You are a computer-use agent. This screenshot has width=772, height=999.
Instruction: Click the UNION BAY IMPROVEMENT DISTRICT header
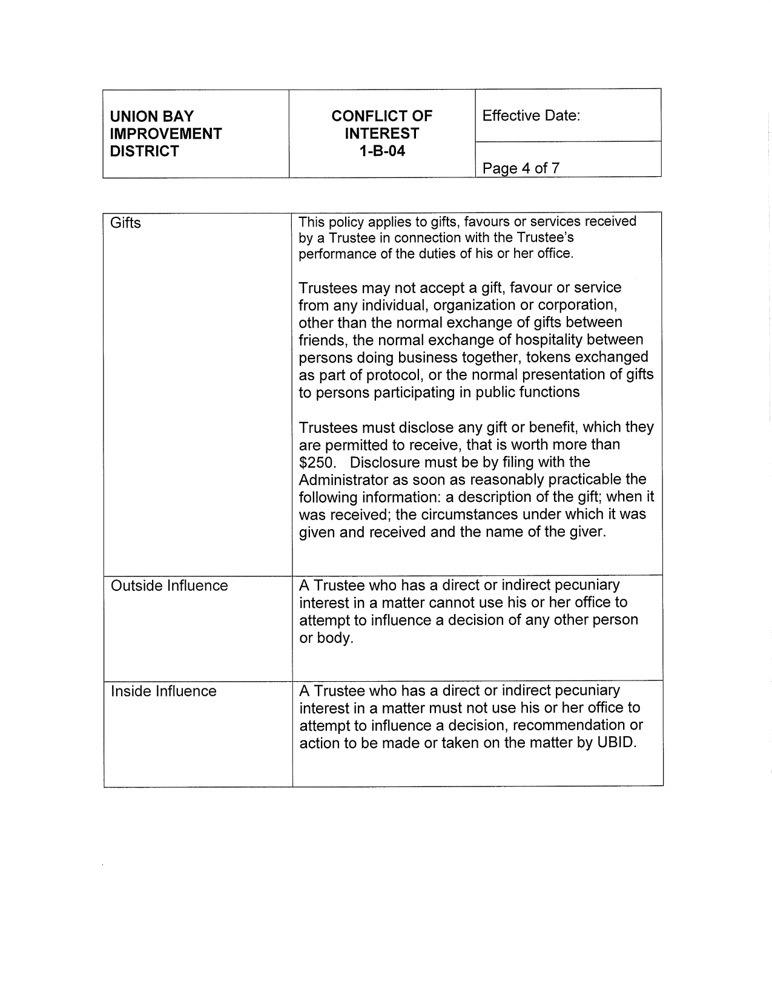click(x=165, y=133)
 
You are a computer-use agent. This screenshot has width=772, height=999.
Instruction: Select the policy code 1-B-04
click(x=381, y=151)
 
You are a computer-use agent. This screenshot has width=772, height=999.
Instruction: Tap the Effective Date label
click(x=531, y=116)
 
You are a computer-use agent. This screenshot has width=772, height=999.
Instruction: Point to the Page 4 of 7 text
click(x=521, y=168)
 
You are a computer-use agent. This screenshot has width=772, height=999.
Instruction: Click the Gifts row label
click(x=125, y=223)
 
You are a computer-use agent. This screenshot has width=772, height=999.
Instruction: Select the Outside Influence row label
click(x=169, y=585)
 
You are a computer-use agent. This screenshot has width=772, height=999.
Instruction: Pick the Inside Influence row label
click(x=163, y=691)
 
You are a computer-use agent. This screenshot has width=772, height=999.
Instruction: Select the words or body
click(x=326, y=638)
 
